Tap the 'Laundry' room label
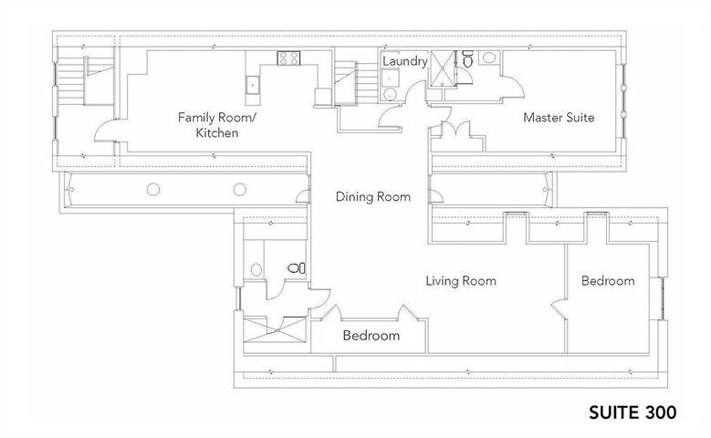click(x=405, y=61)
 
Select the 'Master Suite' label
click(x=559, y=118)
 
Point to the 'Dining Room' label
click(x=372, y=196)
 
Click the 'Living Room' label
click(x=461, y=281)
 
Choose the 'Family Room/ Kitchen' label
click(x=208, y=125)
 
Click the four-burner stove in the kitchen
click(x=289, y=58)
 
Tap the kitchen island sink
click(x=252, y=85)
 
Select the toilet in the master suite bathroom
click(x=466, y=61)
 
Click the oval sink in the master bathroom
click(x=488, y=59)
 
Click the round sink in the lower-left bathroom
click(x=256, y=269)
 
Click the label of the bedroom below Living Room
click(x=371, y=336)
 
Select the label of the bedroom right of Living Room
click(x=608, y=281)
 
